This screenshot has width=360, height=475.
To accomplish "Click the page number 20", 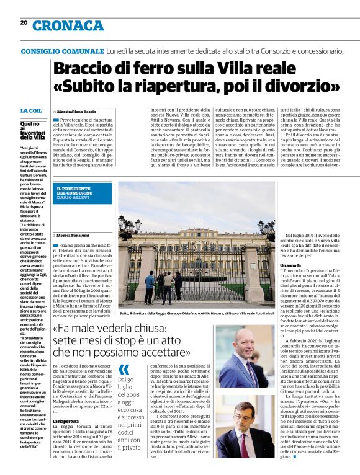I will [x=24, y=22].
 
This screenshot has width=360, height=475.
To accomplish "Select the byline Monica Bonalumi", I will [x=74, y=236].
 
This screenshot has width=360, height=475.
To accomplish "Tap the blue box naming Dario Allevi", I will [x=84, y=193].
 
